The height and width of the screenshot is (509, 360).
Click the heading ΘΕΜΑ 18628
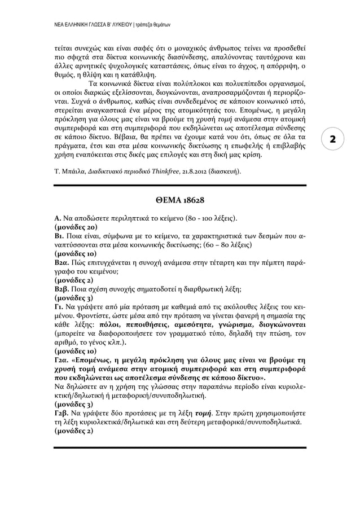(x=180, y=200)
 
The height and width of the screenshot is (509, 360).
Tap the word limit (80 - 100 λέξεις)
(x=210, y=218)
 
